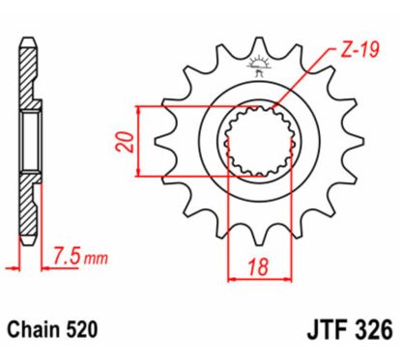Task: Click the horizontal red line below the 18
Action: coord(258,280)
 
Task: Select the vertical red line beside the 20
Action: coord(142,142)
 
